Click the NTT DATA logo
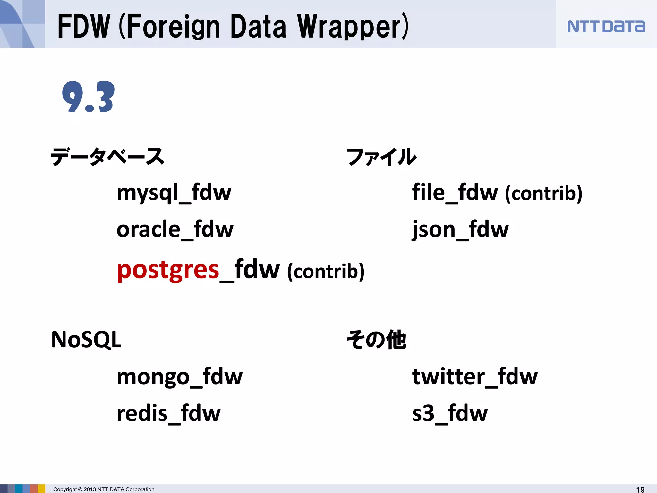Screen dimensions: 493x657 [606, 26]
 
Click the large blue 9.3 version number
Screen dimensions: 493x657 [88, 97]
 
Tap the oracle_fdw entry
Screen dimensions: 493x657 [175, 229]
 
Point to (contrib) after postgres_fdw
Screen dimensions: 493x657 [326, 272]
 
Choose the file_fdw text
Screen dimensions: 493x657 [455, 193]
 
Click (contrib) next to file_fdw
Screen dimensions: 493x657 [543, 194]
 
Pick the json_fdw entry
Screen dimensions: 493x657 [460, 230]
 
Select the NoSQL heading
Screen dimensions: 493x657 [86, 340]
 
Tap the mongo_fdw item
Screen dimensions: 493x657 [179, 376]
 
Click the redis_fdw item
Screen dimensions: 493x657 [168, 413]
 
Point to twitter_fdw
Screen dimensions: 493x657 [474, 376]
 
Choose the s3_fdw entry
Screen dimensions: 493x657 [449, 413]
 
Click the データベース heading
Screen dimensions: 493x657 [108, 157]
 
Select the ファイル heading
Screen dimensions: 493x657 [381, 157]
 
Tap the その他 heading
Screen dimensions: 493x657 [376, 340]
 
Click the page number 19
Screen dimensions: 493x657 [640, 489]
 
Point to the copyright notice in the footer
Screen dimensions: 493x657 [104, 489]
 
